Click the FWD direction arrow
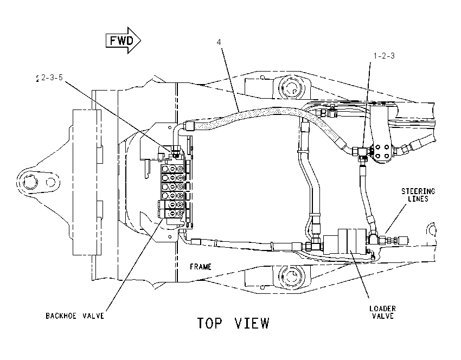pyautogui.click(x=123, y=40)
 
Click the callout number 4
pyautogui.click(x=219, y=42)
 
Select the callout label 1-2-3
pyautogui.click(x=384, y=55)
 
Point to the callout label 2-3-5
pyautogui.click(x=52, y=78)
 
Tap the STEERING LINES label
pyautogui.click(x=418, y=195)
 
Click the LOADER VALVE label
pyautogui.click(x=382, y=312)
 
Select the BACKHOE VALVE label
pyautogui.click(x=75, y=316)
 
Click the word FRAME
pyautogui.click(x=201, y=267)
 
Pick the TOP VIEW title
pyautogui.click(x=233, y=323)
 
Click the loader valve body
pyautogui.click(x=344, y=242)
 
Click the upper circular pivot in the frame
pyautogui.click(x=292, y=87)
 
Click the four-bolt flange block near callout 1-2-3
pyautogui.click(x=382, y=151)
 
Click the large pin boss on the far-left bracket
pyautogui.click(x=30, y=182)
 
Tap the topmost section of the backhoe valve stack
pyautogui.click(x=172, y=169)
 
